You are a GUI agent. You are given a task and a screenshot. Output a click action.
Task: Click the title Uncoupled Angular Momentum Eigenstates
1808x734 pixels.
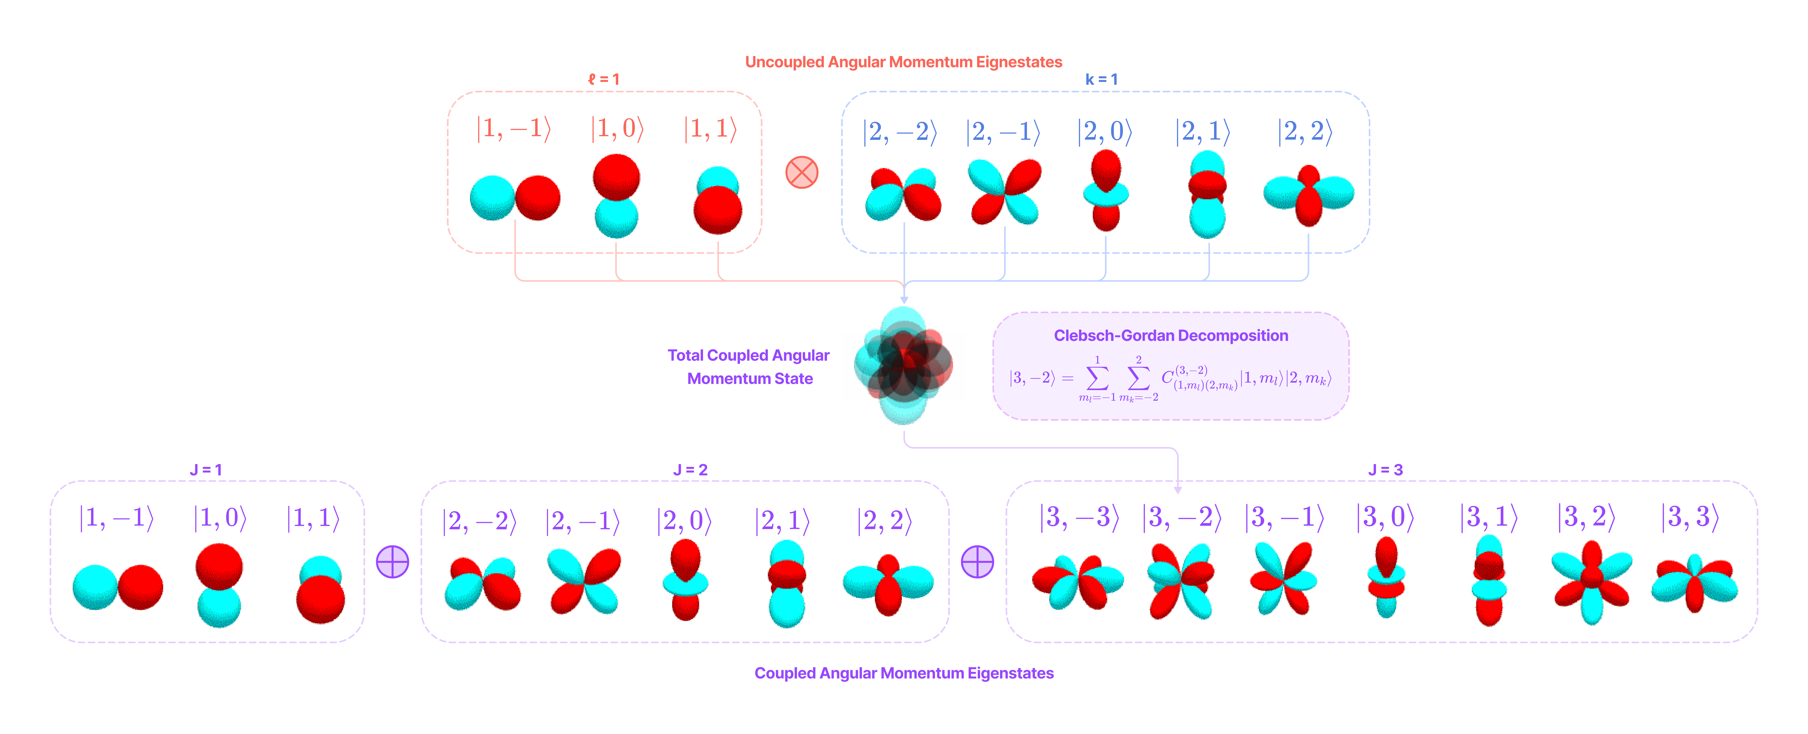pos(903,62)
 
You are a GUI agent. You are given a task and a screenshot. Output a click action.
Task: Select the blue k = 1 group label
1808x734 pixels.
pos(1101,79)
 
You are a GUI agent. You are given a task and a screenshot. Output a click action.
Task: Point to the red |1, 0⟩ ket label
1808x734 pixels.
pos(617,128)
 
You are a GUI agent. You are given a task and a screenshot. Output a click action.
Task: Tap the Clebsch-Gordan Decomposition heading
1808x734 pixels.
pos(1171,335)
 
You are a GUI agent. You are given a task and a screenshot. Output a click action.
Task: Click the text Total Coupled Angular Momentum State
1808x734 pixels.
pos(749,367)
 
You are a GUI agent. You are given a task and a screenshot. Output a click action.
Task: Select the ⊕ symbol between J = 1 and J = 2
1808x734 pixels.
pos(392,561)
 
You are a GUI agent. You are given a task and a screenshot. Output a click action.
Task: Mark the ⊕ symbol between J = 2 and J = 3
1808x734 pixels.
pos(977,561)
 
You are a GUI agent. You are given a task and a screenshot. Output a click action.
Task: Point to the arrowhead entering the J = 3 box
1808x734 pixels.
pos(1178,489)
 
